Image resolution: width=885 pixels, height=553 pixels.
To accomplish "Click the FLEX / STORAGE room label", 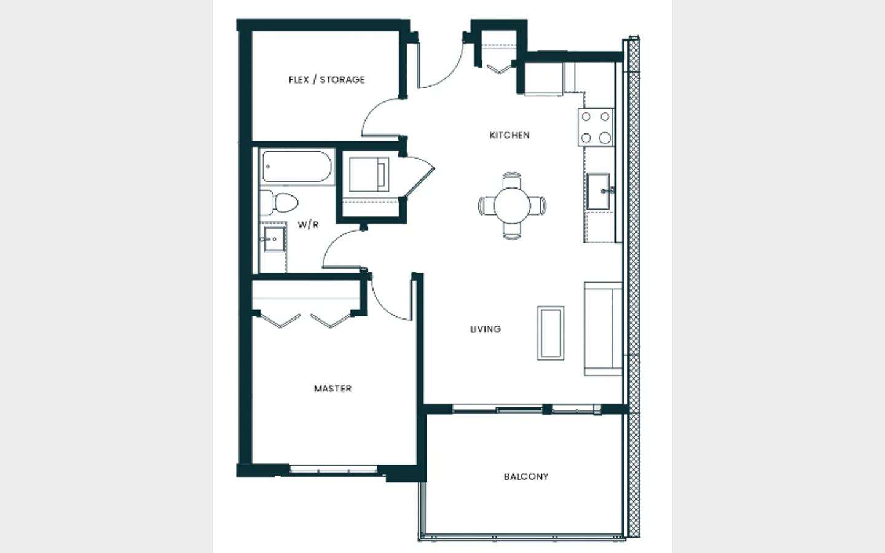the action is pos(327,80).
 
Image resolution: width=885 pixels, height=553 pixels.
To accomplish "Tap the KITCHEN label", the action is pos(509,135).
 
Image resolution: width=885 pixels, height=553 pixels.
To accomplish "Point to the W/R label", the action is pos(308,225).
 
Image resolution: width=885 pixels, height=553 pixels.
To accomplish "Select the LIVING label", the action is pos(486,329).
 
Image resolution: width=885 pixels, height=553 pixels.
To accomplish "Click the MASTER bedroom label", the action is pos(332,389).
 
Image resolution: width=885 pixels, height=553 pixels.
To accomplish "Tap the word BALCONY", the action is pos(526,477).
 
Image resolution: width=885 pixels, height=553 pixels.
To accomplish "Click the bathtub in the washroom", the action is pos(297,167).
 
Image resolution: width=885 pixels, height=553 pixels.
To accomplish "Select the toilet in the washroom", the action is pos(279,203).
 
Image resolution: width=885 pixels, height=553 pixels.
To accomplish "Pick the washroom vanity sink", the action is pos(273,239).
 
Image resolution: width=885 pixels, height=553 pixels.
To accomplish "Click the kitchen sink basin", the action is pos(598,191).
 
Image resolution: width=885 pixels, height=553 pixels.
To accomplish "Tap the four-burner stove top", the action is pos(596,127).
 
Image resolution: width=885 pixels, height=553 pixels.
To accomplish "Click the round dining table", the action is pos(512,206).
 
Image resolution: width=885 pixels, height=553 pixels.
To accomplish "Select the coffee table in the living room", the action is pos(551,333).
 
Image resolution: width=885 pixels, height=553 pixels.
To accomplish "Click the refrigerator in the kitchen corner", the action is pos(544,79).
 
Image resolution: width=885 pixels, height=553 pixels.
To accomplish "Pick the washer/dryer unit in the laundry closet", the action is pos(369,175).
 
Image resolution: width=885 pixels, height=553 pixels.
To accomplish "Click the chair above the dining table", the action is pos(512,181).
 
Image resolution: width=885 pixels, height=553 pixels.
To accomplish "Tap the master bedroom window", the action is pos(334,469).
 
